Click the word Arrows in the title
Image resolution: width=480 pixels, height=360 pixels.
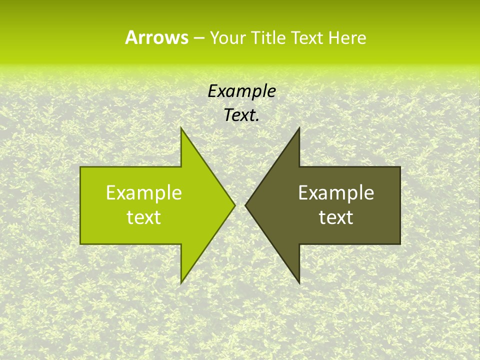coord(156,37)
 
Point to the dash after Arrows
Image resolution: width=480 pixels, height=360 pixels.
coord(198,38)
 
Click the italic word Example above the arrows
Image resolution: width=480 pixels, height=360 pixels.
coord(242,91)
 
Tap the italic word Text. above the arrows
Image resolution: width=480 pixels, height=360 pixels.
coord(242,115)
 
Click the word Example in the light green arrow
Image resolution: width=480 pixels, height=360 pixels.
coord(144,193)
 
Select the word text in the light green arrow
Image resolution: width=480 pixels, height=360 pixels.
coord(144,217)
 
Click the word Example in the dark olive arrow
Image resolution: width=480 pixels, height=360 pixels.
coord(336,193)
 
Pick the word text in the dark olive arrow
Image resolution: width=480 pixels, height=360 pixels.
coord(336,217)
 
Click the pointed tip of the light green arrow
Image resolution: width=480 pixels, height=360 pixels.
coord(234,205)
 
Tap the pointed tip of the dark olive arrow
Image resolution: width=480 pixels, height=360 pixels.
coord(245,205)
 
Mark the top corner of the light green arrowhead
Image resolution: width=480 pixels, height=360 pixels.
coord(181,128)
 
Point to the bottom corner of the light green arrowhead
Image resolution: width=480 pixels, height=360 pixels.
coord(181,282)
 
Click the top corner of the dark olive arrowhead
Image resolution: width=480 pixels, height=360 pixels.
coord(299,128)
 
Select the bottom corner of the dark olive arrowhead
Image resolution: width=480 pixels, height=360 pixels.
coord(299,282)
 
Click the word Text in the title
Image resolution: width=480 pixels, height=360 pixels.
coord(307,37)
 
